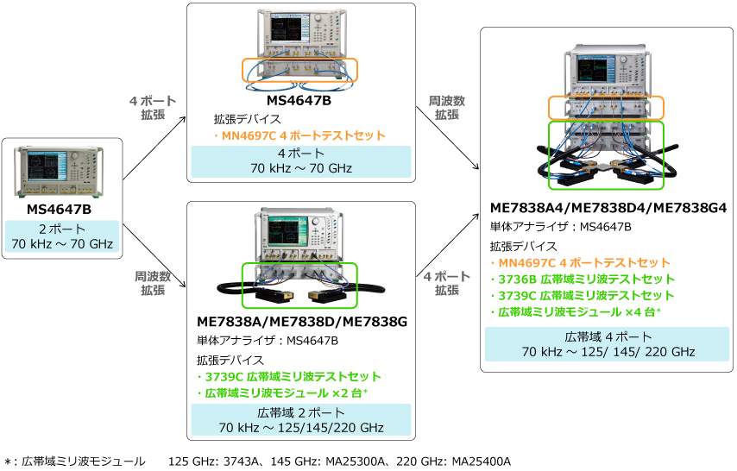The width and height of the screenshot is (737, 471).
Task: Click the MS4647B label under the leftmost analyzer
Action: pyautogui.click(x=59, y=209)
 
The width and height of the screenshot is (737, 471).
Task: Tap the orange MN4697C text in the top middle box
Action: pyautogui.click(x=299, y=135)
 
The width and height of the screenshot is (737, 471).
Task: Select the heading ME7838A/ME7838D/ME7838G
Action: pyautogui.click(x=302, y=322)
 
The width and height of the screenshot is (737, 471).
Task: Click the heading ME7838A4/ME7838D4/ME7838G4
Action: pyautogui.click(x=608, y=208)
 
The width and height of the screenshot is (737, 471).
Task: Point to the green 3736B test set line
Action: pyautogui.click(x=583, y=279)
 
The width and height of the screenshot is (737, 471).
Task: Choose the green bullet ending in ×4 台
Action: pyautogui.click(x=576, y=312)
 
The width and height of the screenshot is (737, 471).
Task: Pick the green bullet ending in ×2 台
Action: pyautogui.click(x=282, y=393)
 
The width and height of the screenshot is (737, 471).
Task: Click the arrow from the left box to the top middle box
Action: pyautogui.click(x=154, y=148)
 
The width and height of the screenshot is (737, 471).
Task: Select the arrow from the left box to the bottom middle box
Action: pyautogui.click(x=154, y=255)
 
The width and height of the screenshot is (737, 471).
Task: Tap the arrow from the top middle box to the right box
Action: pyautogui.click(x=447, y=138)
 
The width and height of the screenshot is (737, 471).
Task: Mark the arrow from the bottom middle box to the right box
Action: pyautogui.click(x=447, y=245)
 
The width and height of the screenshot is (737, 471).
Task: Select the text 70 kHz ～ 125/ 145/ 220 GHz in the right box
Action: pyautogui.click(x=608, y=352)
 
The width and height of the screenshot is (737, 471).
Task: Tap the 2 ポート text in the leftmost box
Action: pyautogui.click(x=62, y=229)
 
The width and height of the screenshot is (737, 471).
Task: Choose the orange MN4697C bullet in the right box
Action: pyautogui.click(x=580, y=263)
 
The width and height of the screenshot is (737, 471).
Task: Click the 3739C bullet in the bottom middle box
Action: pyautogui.click(x=288, y=376)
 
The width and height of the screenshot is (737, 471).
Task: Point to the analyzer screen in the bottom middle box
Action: pyautogui.click(x=287, y=231)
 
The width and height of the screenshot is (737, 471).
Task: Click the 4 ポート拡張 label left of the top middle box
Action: pyautogui.click(x=153, y=108)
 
